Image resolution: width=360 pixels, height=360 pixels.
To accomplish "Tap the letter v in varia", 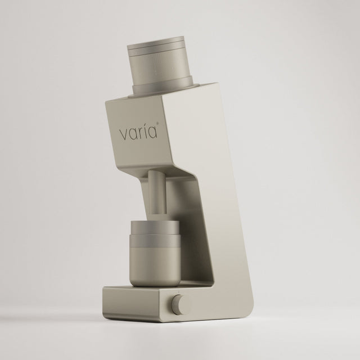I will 123,135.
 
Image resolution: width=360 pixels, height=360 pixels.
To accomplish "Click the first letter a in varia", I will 133,135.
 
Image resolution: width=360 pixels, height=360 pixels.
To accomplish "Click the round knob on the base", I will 181,305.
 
